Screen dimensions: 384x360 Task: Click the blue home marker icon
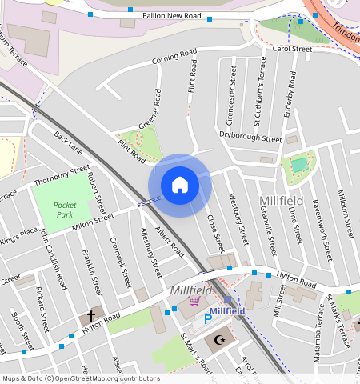tap(180, 185)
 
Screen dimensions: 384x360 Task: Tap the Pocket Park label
tap(64, 210)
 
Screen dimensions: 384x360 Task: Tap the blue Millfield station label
tap(232, 311)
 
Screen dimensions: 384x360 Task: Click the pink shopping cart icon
tap(194, 301)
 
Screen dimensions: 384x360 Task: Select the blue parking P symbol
tap(209, 319)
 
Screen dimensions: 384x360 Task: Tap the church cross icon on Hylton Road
tap(91, 314)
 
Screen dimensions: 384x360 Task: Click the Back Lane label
tap(69, 143)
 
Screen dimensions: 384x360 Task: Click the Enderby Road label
tap(291, 95)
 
